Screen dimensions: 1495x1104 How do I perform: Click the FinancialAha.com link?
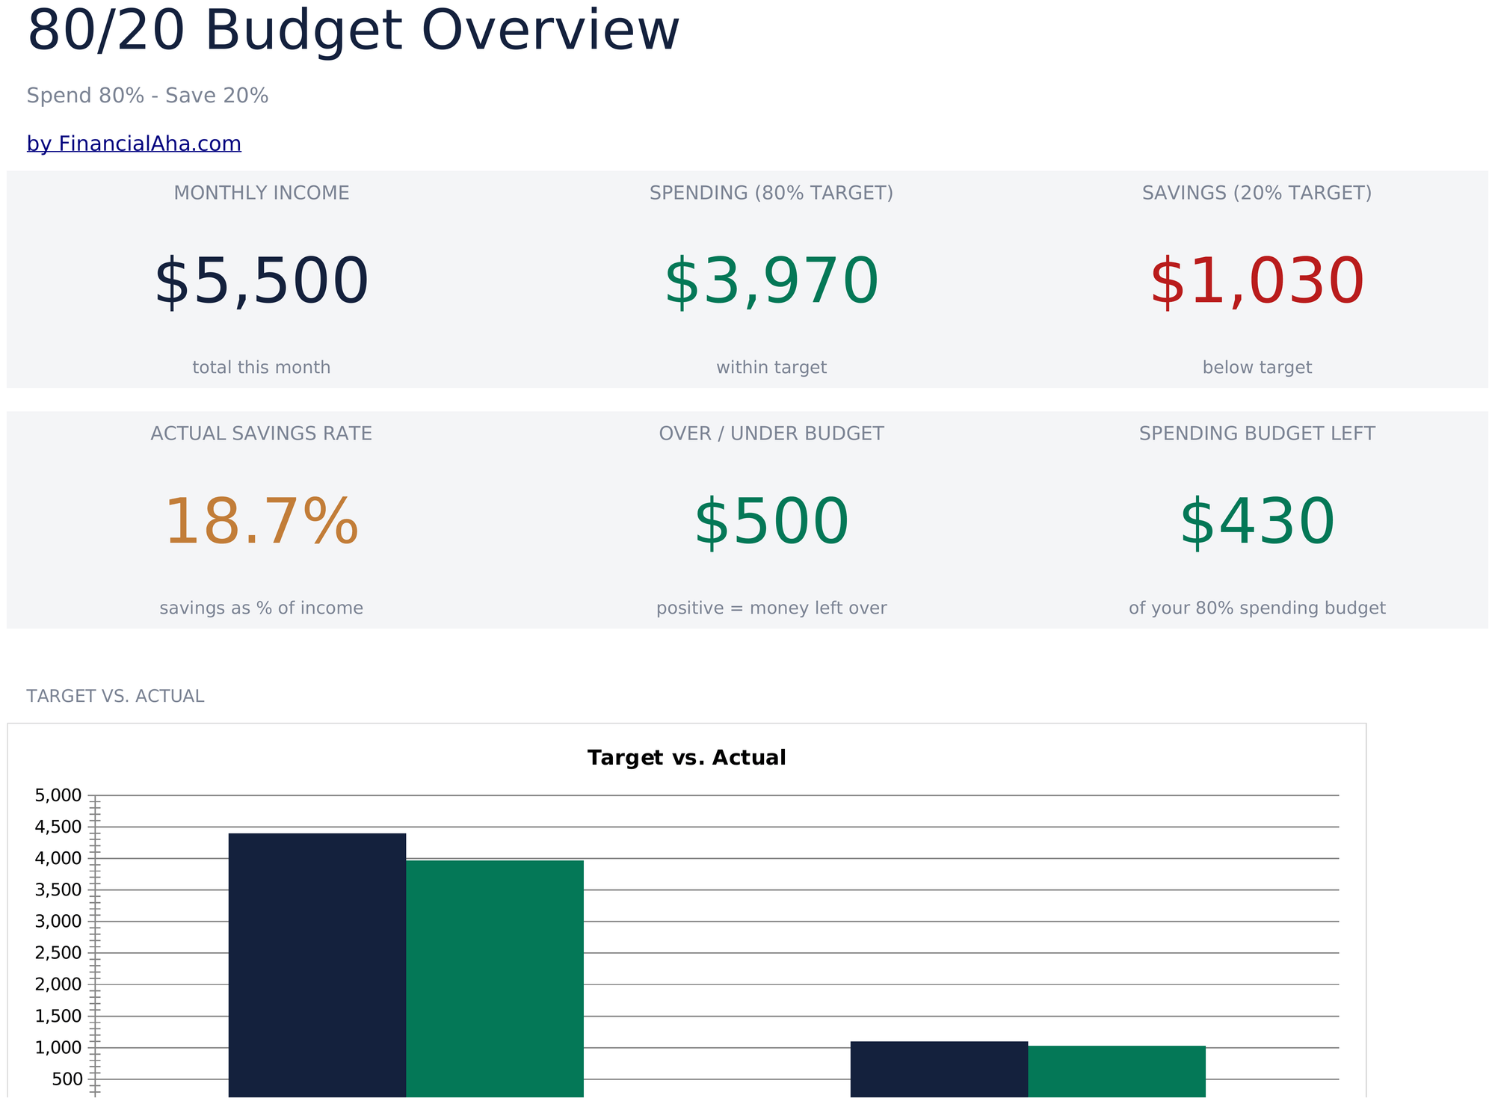pos(134,144)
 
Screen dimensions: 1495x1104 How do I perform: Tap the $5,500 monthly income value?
pos(262,282)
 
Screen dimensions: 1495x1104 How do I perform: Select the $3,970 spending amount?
pos(771,282)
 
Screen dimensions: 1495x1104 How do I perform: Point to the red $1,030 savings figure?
pos(1257,282)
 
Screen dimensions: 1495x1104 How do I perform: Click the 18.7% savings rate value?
pos(262,522)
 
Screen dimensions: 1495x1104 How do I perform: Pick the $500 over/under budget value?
pos(771,522)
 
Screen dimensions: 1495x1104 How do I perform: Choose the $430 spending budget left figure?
pos(1257,522)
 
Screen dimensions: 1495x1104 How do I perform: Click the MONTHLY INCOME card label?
pos(262,193)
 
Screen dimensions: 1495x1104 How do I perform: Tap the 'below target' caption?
pos(1257,368)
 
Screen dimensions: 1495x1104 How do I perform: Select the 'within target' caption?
pos(771,368)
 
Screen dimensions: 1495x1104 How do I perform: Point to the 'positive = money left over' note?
pos(771,608)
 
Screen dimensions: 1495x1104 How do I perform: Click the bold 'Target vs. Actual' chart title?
pos(687,758)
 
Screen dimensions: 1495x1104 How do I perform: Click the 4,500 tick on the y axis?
pos(58,827)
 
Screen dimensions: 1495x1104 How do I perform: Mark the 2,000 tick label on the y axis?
pos(58,984)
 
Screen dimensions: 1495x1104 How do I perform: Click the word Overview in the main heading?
pos(551,31)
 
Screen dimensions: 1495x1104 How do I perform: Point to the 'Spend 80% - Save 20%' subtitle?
pos(147,96)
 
